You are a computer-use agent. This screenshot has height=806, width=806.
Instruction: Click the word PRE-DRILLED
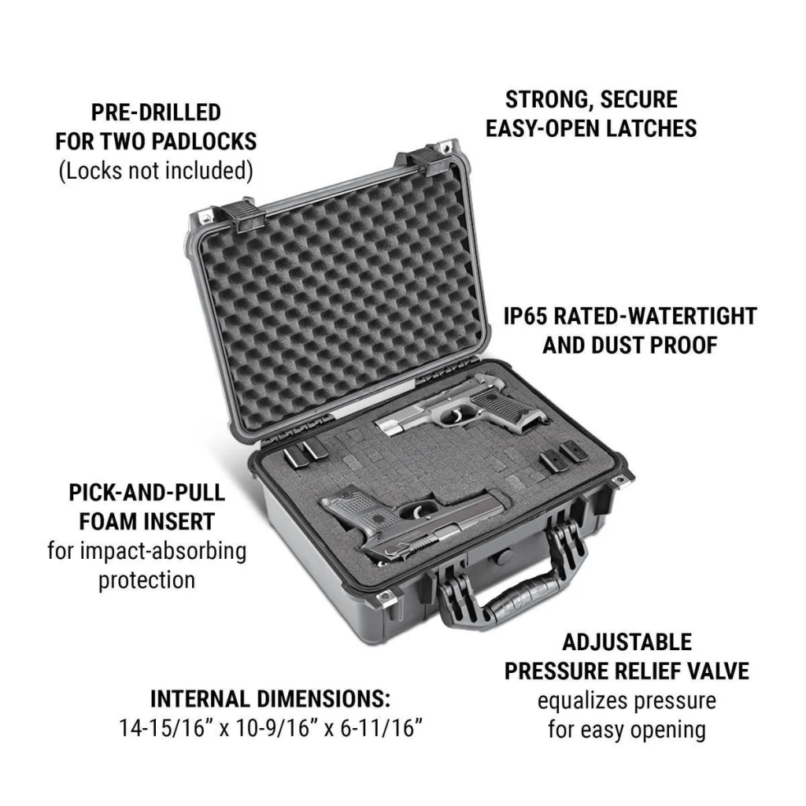point(156,113)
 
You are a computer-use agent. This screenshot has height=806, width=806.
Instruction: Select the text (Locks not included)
point(156,171)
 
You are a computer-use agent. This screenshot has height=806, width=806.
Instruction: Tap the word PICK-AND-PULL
point(147,493)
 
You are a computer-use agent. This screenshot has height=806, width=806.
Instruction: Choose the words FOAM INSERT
point(147,522)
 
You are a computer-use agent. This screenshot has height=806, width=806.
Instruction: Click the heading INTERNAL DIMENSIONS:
point(271,699)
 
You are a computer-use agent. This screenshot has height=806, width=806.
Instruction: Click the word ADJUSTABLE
point(627,642)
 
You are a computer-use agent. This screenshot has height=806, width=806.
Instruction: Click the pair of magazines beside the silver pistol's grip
point(561,457)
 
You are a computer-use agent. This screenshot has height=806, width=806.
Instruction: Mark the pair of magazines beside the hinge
point(302,453)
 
